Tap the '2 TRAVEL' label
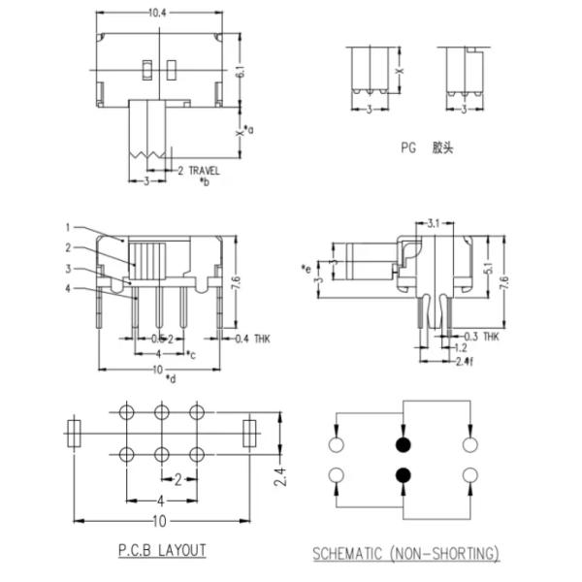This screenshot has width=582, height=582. pos(198,170)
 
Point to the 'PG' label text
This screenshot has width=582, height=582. pos(407,148)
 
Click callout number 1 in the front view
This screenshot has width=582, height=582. pos(68,228)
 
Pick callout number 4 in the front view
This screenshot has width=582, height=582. pos(68,288)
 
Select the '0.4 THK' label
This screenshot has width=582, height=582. pos(254,339)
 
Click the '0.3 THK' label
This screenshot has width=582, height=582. pos(481,337)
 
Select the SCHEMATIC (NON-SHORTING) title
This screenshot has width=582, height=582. pos(405,554)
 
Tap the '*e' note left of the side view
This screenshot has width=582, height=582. pos(307,268)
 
